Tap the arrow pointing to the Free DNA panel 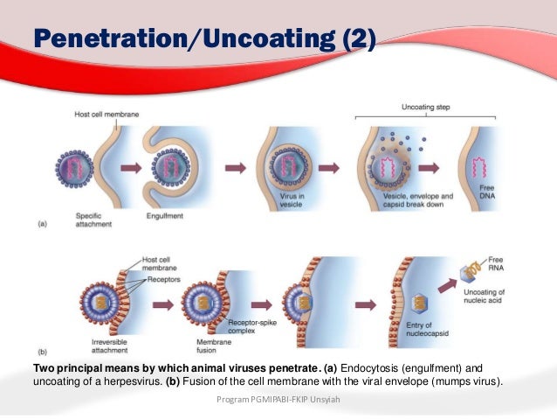(x=434, y=166)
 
